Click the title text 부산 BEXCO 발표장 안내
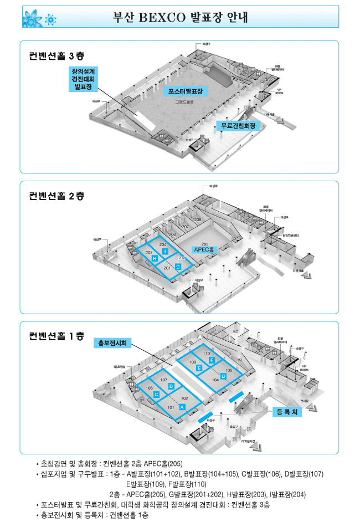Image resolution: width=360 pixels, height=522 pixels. pos(179,17)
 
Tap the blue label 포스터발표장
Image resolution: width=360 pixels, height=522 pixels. pos(186,91)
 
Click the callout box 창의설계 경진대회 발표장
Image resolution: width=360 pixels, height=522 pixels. pos(83,79)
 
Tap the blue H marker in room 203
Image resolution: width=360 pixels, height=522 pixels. pos(155,259)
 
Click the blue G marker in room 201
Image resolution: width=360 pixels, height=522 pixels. pos(178,267)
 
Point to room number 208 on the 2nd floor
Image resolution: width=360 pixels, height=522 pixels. pos(198,220)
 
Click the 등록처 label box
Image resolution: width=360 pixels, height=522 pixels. pos(287,412)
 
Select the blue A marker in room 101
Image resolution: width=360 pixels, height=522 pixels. pos(182,407)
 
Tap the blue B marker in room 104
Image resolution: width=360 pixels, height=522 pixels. pos(223,376)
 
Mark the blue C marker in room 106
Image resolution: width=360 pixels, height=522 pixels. pos(157,395)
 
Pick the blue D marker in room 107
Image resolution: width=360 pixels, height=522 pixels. pos(171,386)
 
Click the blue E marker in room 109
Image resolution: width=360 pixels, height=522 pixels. pos(199,368)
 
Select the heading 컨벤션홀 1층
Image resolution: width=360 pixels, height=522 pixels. pos(56,336)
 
